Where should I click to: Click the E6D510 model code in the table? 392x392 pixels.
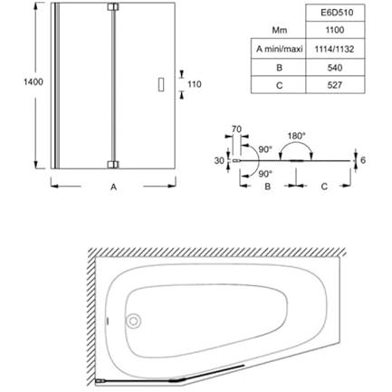tap(335, 13)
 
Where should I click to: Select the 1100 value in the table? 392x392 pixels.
tap(335, 30)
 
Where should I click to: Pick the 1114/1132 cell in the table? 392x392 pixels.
tap(334, 49)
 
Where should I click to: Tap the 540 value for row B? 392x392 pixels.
tap(335, 68)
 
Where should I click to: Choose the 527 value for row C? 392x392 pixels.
tap(335, 85)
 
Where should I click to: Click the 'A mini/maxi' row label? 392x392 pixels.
tap(280, 49)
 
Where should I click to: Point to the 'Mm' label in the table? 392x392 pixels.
tap(280, 30)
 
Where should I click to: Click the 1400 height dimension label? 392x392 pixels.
tap(33, 81)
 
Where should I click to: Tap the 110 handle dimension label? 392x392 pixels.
tap(195, 84)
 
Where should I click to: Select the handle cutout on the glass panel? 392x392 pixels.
tap(161, 84)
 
